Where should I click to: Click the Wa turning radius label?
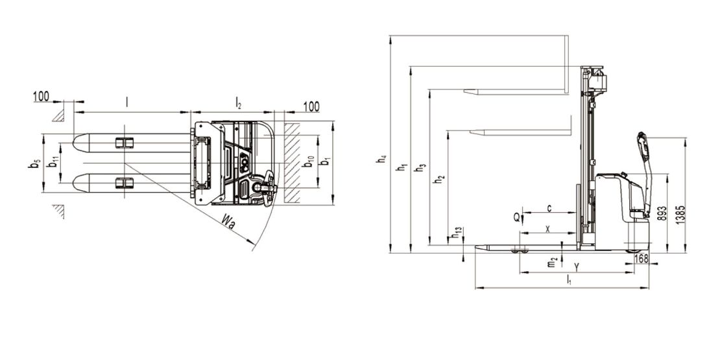tap(228, 222)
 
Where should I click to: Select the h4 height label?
tap(381, 160)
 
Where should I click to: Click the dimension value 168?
tap(641, 259)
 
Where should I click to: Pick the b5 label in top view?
tap(34, 163)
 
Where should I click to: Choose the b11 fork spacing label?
tap(54, 161)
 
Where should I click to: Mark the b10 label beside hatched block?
tap(309, 162)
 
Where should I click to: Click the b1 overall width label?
tap(325, 162)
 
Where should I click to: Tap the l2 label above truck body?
tap(238, 102)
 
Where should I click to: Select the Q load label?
tap(516, 217)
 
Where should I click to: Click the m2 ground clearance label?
tap(553, 262)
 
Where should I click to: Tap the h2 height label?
tap(440, 180)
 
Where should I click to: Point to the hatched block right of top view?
tap(292, 163)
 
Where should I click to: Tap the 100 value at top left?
tap(42, 96)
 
